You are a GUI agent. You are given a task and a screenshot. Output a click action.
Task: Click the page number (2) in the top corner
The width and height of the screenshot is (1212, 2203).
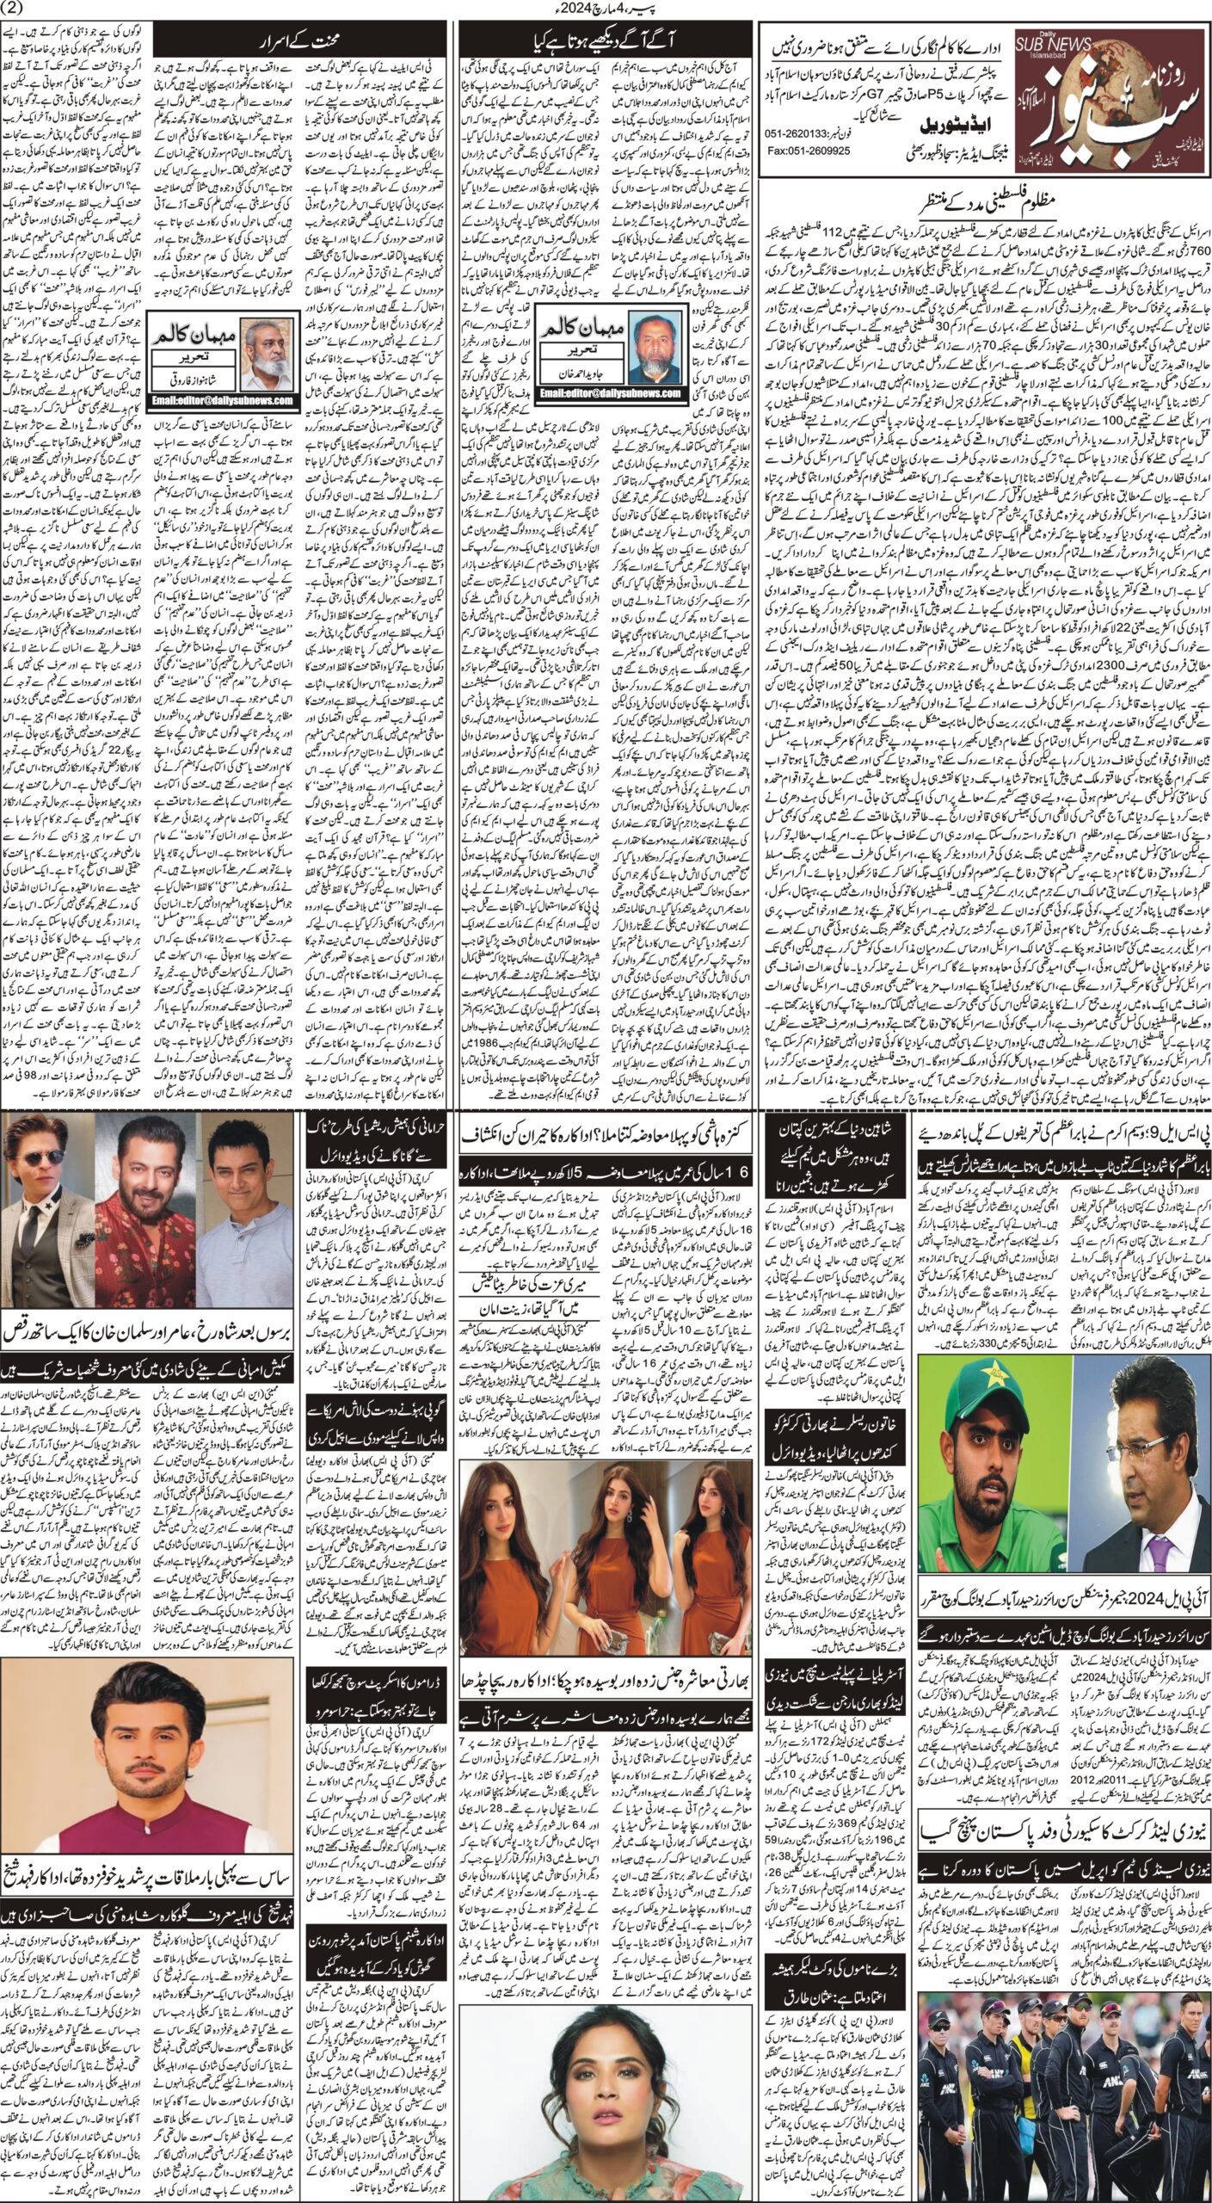(18, 9)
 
